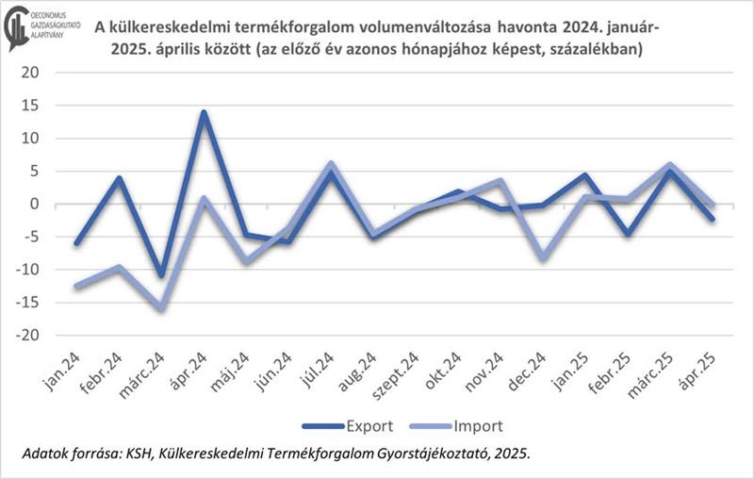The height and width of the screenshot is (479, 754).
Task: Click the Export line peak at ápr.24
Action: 204,112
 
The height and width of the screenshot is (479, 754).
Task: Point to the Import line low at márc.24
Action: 162,307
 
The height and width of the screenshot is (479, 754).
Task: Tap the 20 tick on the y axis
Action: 31,72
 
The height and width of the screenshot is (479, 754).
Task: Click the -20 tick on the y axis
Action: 28,336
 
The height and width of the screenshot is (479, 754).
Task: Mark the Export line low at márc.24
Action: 162,275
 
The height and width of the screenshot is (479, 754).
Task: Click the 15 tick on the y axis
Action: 31,105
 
